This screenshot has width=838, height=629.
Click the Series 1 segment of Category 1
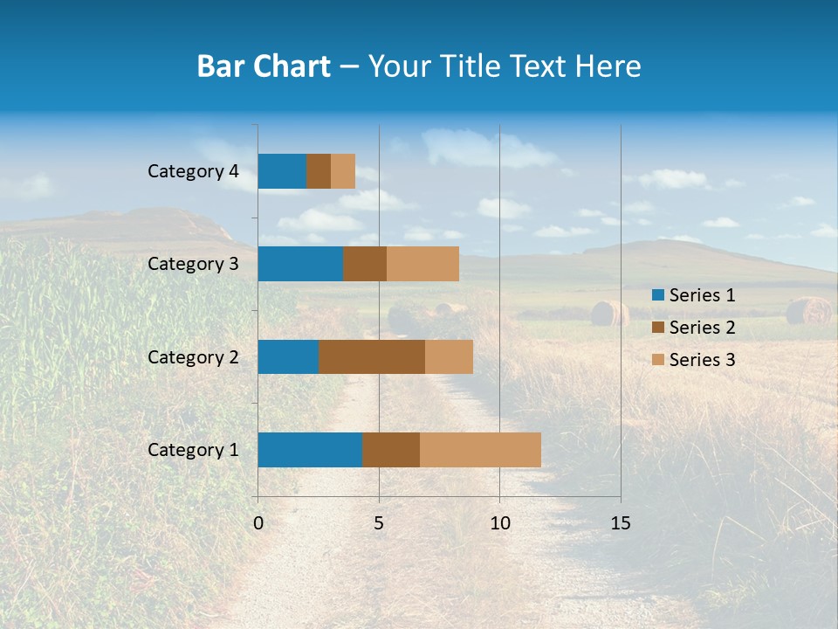tap(310, 450)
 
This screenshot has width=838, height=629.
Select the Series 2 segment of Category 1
tap(391, 450)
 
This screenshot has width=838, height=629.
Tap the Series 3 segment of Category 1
tap(480, 450)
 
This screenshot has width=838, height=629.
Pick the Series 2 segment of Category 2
tap(372, 356)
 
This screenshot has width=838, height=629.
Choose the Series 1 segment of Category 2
tap(288, 356)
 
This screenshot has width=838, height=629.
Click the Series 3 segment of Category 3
tap(422, 264)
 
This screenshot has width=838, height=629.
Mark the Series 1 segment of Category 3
tap(300, 264)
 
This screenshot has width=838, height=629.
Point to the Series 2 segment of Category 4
tap(319, 171)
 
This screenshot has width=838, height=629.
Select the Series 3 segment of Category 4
tap(343, 171)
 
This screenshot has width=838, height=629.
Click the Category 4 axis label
tap(193, 171)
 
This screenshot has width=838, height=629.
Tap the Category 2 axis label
tap(193, 356)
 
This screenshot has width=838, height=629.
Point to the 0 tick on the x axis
tap(258, 523)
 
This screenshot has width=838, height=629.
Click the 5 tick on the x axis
tap(379, 523)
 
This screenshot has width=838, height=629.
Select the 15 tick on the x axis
tap(621, 523)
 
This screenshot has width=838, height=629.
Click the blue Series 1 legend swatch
tap(657, 295)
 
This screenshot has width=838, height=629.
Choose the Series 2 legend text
tap(702, 328)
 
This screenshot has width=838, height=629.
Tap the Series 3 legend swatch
tap(657, 360)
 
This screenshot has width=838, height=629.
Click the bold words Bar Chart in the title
tap(264, 66)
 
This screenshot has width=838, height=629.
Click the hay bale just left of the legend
tap(609, 313)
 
